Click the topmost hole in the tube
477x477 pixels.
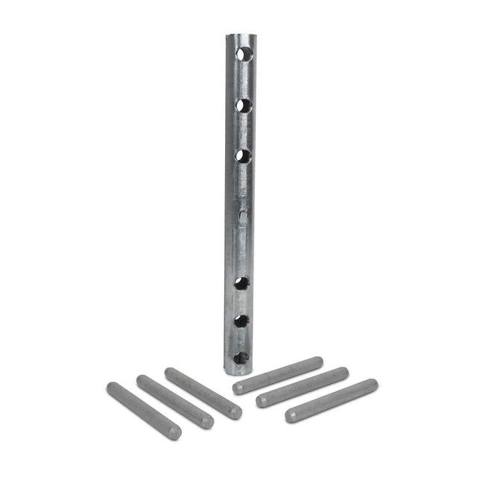(x=244, y=54)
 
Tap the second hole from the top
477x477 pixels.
(x=244, y=105)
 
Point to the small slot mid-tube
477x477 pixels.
(x=243, y=213)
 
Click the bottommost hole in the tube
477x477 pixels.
(x=241, y=358)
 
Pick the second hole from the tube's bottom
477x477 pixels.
(x=241, y=321)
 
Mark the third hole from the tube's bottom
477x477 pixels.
(x=241, y=283)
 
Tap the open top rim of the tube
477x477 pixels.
(x=238, y=34)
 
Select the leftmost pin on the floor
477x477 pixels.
(x=144, y=411)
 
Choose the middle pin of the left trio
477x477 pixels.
(x=175, y=401)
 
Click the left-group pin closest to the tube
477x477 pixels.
(x=203, y=393)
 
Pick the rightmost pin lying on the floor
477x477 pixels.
(x=332, y=400)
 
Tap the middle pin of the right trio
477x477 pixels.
(x=303, y=387)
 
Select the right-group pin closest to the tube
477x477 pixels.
(x=277, y=375)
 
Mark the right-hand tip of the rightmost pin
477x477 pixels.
(x=373, y=385)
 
